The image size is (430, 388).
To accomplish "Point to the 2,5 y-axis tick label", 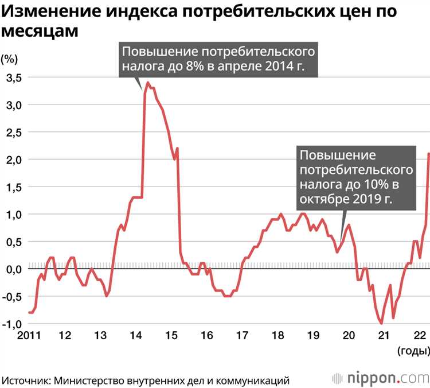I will coord(13,133).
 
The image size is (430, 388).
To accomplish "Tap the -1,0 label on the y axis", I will coord(12,324).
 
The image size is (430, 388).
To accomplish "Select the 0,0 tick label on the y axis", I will coord(13,269).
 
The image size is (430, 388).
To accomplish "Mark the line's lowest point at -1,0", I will coord(381,324).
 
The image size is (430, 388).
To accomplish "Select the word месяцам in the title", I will coord(39,32).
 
